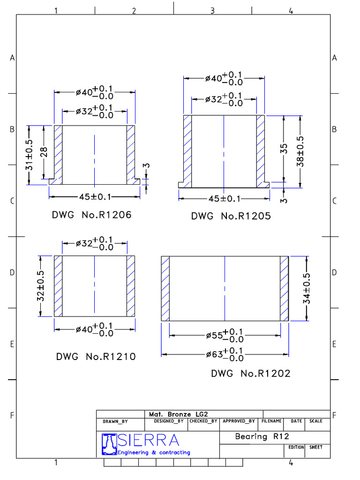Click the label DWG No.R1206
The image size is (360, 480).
point(91,215)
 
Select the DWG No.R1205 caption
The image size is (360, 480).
point(231,216)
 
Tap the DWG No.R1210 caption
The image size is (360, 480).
point(96,356)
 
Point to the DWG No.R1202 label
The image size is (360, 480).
point(251,374)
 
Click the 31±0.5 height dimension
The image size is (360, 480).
point(30,155)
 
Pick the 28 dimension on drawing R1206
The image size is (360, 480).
point(44,152)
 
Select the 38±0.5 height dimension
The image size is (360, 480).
point(300,151)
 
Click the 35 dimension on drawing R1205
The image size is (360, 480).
point(284,151)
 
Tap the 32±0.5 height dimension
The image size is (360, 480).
point(41,286)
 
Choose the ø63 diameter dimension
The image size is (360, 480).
point(225,354)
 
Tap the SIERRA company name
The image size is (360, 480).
point(149,440)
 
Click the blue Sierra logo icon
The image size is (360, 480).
point(109,444)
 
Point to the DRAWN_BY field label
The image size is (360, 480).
point(115,421)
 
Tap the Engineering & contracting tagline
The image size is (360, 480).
point(154,452)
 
